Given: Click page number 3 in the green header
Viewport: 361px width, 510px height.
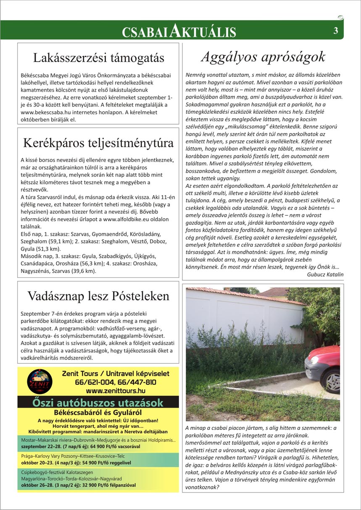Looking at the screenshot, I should tap(336, 31).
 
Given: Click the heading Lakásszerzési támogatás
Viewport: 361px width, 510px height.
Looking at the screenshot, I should tap(98, 57).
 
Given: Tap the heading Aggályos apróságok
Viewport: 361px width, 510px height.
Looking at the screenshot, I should tap(264, 56).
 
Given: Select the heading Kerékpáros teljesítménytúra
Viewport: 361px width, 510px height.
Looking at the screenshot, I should tap(98, 143).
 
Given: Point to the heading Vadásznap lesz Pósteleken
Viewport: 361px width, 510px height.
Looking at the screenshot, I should tap(98, 296).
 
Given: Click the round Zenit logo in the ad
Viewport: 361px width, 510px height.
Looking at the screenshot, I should tap(37, 382).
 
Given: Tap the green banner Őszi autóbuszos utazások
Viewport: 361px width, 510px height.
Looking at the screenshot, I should tap(97, 403).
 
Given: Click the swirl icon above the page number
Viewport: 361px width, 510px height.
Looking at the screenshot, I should tap(340, 18).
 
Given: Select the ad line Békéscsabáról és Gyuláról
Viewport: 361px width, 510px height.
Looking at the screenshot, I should tap(97, 413).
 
